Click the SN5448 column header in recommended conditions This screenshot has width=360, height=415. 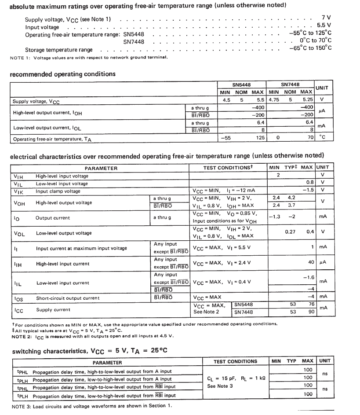coord(241,84)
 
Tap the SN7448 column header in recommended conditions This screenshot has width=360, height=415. coord(290,84)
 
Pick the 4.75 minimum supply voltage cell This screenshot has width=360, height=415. coord(275,100)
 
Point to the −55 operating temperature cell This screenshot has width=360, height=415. coord(226,138)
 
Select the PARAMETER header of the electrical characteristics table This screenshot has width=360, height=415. coord(101,168)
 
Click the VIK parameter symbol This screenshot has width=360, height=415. coord(18,191)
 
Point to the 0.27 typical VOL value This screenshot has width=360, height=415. coord(290,231)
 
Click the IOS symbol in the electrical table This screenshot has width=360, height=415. coord(18,298)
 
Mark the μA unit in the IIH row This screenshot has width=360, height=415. coord(324,263)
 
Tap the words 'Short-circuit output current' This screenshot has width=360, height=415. coord(68,298)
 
